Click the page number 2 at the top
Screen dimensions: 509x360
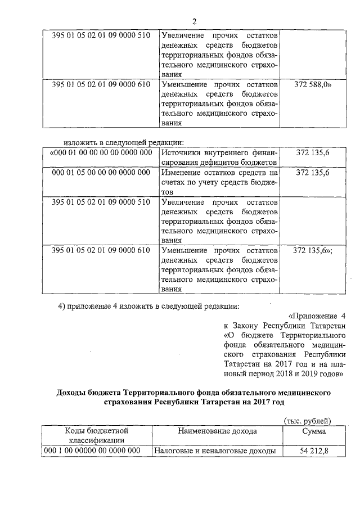click(193, 22)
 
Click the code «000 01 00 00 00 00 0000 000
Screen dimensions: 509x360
click(101, 152)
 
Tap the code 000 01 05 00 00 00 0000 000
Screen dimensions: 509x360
click(101, 172)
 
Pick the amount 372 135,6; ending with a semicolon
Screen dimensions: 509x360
click(313, 250)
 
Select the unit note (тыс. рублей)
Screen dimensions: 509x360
click(305, 421)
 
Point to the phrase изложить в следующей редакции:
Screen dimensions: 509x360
click(124, 142)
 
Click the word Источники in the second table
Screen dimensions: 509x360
click(181, 152)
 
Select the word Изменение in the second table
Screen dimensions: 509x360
click(182, 172)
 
